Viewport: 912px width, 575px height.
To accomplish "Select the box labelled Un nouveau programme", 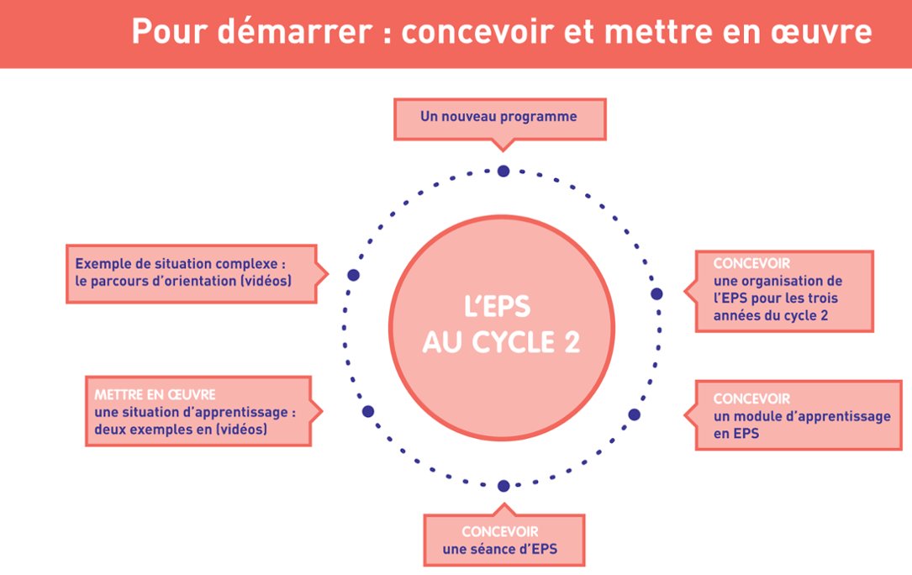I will click(499, 118).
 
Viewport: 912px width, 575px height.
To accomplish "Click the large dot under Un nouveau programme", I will click(503, 171).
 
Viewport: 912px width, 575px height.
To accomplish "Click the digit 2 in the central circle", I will click(570, 343).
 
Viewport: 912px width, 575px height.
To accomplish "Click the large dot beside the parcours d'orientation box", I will click(353, 275).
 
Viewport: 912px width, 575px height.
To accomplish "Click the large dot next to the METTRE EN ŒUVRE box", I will click(367, 411).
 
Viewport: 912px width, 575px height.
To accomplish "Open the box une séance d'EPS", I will click(502, 541).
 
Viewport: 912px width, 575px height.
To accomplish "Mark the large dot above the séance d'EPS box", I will click(503, 486).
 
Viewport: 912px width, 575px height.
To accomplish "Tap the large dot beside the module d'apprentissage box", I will click(635, 414).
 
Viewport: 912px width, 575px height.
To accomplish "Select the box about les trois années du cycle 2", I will click(778, 290).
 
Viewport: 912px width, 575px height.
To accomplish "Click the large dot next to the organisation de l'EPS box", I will click(656, 293).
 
